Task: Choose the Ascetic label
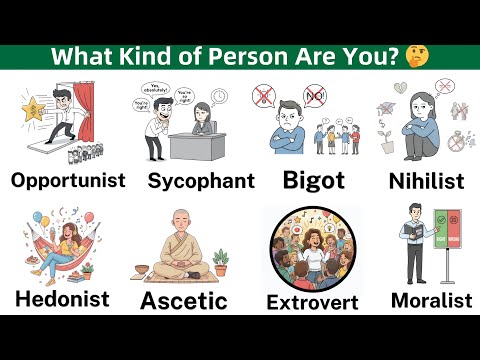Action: click(x=184, y=299)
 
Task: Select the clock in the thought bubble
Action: click(x=218, y=98)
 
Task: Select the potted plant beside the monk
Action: click(x=221, y=266)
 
